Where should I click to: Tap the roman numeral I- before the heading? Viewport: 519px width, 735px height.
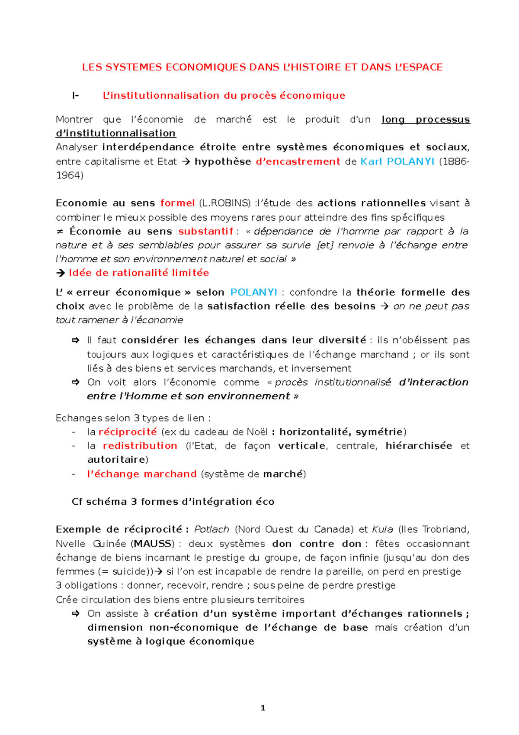click(x=76, y=96)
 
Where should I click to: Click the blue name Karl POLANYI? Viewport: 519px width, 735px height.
click(x=397, y=161)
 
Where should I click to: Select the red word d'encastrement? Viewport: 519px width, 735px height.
click(x=298, y=161)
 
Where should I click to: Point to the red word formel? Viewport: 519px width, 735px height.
click(x=177, y=203)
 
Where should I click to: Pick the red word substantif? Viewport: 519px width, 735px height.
click(x=206, y=231)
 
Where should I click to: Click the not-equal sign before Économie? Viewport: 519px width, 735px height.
click(x=60, y=231)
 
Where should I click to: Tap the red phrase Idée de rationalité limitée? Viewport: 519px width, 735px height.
click(x=139, y=273)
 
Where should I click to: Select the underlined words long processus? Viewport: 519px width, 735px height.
click(x=426, y=119)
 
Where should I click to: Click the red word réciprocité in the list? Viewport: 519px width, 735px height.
click(x=128, y=432)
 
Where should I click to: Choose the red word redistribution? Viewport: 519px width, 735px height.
click(x=140, y=445)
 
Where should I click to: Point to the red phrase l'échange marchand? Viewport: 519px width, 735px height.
click(x=142, y=474)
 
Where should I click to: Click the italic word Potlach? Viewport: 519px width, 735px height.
click(x=211, y=529)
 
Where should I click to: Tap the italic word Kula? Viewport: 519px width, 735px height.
click(x=382, y=529)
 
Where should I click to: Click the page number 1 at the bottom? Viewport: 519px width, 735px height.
click(x=263, y=708)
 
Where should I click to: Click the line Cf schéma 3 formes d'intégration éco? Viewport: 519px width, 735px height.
click(x=173, y=501)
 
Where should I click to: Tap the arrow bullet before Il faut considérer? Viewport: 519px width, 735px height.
click(x=76, y=341)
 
